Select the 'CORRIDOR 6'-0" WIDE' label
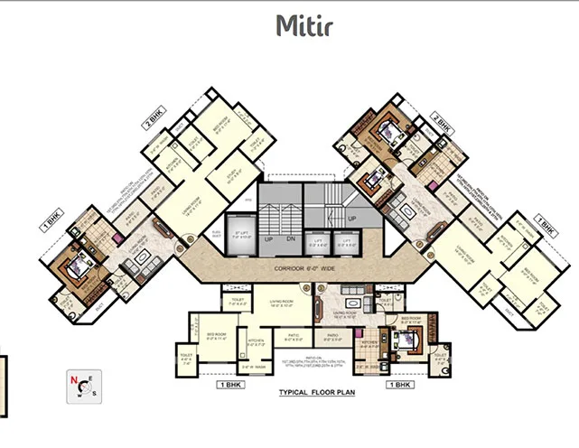tap(288, 270)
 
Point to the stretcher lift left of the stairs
tap(240, 238)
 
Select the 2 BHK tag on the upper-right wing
tap(440, 118)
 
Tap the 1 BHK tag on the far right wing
tap(546, 220)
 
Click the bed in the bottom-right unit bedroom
tap(405, 341)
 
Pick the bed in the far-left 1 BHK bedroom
tap(76, 266)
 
